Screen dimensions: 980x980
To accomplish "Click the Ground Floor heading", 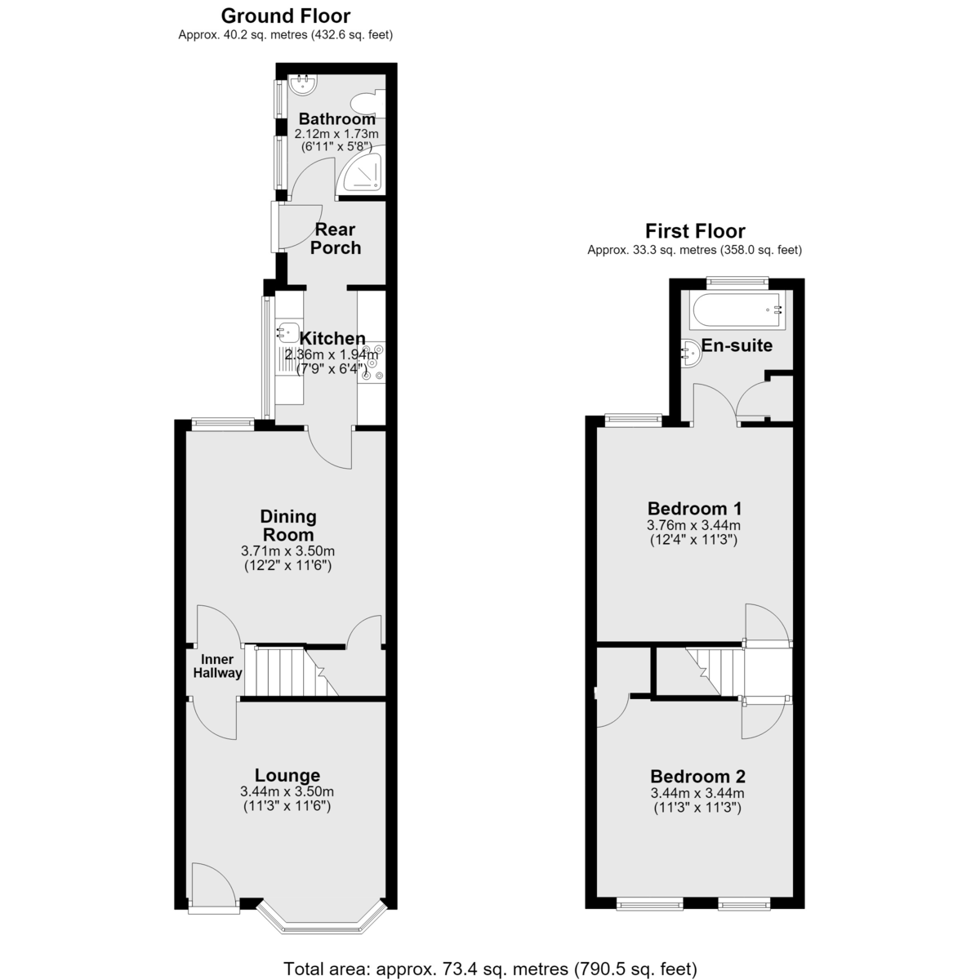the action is click(285, 16).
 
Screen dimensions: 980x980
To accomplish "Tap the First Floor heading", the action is click(695, 231).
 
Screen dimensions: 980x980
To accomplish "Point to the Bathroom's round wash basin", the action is click(303, 84).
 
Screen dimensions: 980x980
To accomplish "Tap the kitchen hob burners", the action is click(372, 363).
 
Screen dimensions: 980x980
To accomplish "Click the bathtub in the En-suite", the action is click(737, 310).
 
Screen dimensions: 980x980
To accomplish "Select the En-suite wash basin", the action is click(691, 353).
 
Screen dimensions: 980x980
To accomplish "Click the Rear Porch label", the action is click(335, 238).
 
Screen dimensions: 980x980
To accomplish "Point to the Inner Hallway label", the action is click(217, 666).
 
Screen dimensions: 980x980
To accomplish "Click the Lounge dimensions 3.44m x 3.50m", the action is click(287, 791).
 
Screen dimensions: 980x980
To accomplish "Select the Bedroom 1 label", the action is click(694, 509).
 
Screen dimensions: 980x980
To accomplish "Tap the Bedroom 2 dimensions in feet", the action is click(697, 808).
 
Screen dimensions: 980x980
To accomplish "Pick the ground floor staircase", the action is click(291, 671).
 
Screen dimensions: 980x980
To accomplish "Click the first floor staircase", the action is click(714, 670).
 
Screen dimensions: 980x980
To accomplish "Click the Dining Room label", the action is click(287, 525).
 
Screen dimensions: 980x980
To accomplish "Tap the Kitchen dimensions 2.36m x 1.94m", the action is click(332, 354).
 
